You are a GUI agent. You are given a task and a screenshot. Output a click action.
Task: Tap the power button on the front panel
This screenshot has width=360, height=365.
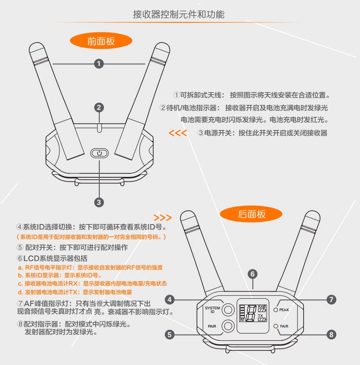pos(100,153)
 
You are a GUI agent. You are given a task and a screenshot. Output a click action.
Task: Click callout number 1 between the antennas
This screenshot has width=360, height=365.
pos(99,64)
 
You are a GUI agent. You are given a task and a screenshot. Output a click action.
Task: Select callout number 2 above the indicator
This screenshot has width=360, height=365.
pos(99,108)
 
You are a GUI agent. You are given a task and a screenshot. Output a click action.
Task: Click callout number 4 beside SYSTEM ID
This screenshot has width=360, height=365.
pos(170,300)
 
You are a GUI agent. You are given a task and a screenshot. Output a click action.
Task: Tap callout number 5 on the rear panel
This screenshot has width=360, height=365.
pos(170,334)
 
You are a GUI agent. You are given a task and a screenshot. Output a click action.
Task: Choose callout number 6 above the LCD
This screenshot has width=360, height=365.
pos(252,274)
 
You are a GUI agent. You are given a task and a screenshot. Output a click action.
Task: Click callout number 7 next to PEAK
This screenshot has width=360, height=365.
pos(331,300)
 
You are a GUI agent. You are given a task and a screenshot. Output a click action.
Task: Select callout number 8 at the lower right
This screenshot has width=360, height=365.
pos(331,334)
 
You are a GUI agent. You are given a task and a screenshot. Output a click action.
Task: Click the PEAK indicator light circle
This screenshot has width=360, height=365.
pos(276,310)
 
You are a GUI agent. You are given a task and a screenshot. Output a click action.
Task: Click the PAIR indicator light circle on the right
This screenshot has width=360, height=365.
pos(276,326)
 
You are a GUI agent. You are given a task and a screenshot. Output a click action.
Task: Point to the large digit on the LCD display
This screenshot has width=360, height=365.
pos(250,313)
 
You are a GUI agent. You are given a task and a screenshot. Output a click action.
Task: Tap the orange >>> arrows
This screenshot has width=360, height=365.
pos(163,217)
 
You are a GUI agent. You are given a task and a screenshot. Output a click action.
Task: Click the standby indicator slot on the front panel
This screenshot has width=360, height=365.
pos(99,126)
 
